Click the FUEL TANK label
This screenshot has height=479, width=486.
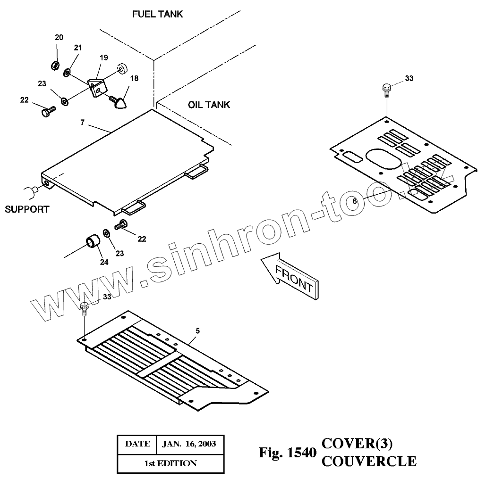157,15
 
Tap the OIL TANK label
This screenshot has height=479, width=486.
209,105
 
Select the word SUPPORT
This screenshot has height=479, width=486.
27,209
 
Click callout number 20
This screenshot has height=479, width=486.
59,37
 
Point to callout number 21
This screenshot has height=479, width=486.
78,48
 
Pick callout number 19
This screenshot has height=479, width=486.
104,58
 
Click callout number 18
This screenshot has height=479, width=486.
135,78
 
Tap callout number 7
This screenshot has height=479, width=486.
82,123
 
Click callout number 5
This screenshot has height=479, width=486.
197,331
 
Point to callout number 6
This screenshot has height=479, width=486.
355,200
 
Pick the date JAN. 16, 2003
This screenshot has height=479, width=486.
189,444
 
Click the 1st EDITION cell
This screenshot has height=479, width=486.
170,463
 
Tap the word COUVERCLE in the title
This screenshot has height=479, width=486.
369,461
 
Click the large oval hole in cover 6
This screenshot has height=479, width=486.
385,159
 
